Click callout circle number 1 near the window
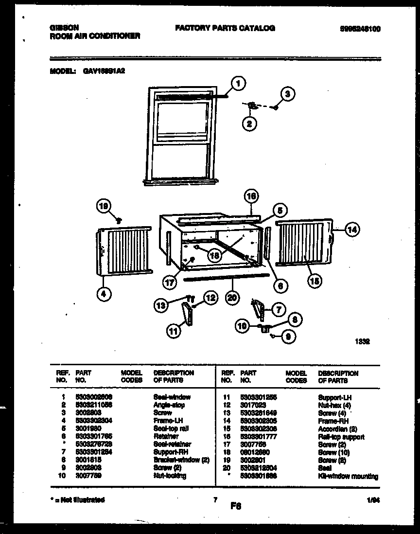click(x=238, y=84)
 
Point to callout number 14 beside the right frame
click(x=352, y=231)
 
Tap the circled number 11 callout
click(x=173, y=331)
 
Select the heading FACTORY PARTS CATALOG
click(x=225, y=28)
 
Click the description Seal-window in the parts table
click(x=172, y=397)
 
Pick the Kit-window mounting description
click(x=348, y=476)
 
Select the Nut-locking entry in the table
click(x=170, y=476)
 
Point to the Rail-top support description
click(x=341, y=437)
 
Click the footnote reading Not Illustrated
click(x=79, y=499)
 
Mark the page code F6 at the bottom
click(x=236, y=506)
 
